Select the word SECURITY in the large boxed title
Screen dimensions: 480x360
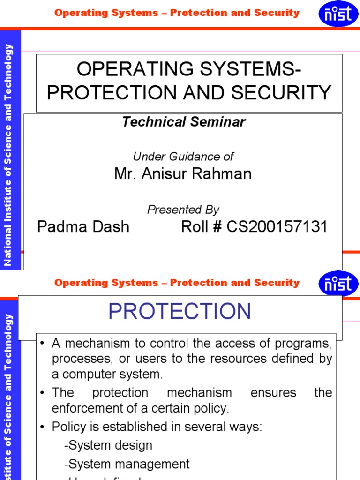click(291, 93)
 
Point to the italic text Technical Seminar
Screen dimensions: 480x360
click(184, 122)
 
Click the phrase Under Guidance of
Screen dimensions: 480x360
click(183, 157)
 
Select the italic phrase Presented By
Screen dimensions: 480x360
click(183, 210)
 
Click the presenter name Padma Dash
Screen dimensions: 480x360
click(83, 227)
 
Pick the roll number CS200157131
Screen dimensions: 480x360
click(277, 227)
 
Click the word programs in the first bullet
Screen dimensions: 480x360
click(307, 344)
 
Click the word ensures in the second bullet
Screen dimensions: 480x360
click(273, 392)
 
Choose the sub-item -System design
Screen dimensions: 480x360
click(108, 445)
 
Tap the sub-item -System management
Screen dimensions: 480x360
click(127, 464)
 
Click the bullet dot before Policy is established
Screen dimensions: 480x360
click(42, 427)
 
